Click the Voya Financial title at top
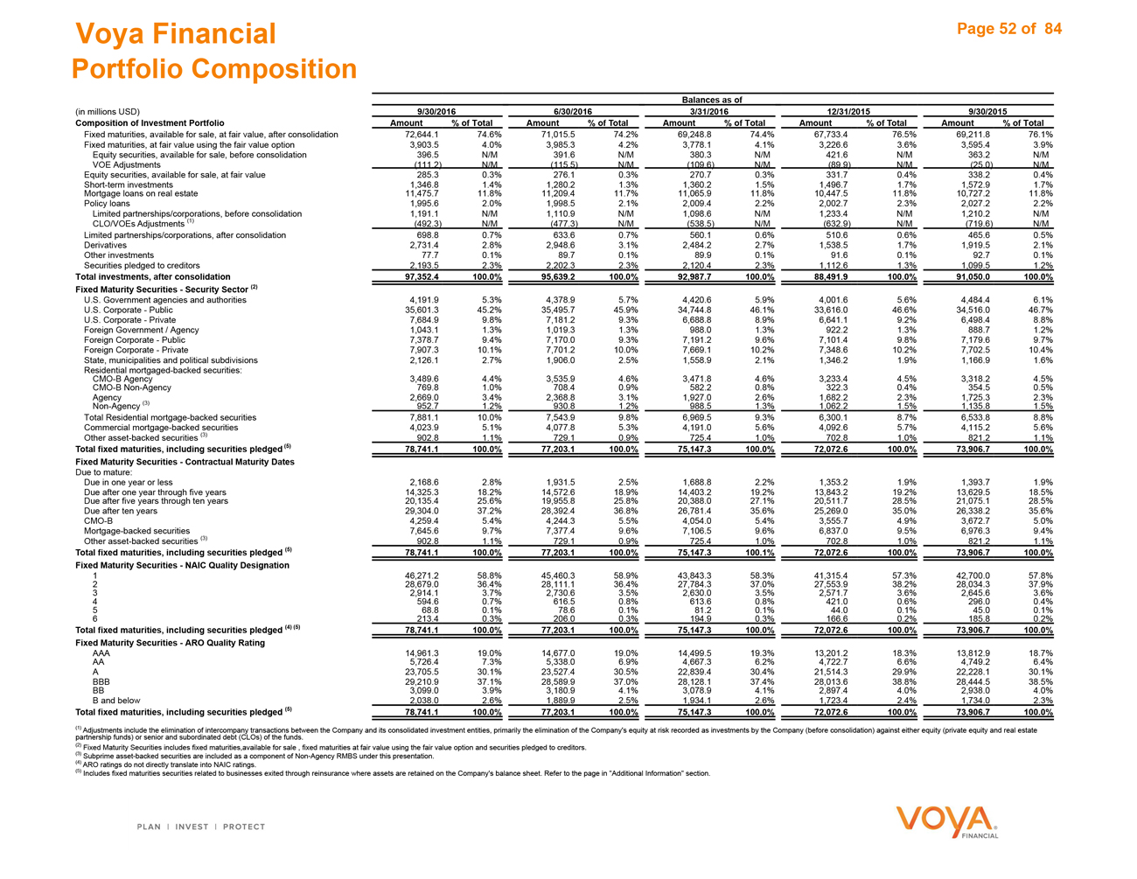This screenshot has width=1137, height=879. [x=176, y=34]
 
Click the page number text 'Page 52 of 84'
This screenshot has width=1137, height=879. [x=1008, y=29]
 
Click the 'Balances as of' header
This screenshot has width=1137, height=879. [x=712, y=101]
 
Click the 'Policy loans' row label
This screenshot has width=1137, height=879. [x=107, y=204]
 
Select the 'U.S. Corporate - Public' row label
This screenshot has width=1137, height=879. [x=129, y=310]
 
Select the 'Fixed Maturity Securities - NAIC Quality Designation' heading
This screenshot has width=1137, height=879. [x=182, y=565]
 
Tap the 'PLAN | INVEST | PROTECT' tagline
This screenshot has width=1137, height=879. [x=200, y=827]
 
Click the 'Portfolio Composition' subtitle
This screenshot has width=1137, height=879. [x=214, y=69]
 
